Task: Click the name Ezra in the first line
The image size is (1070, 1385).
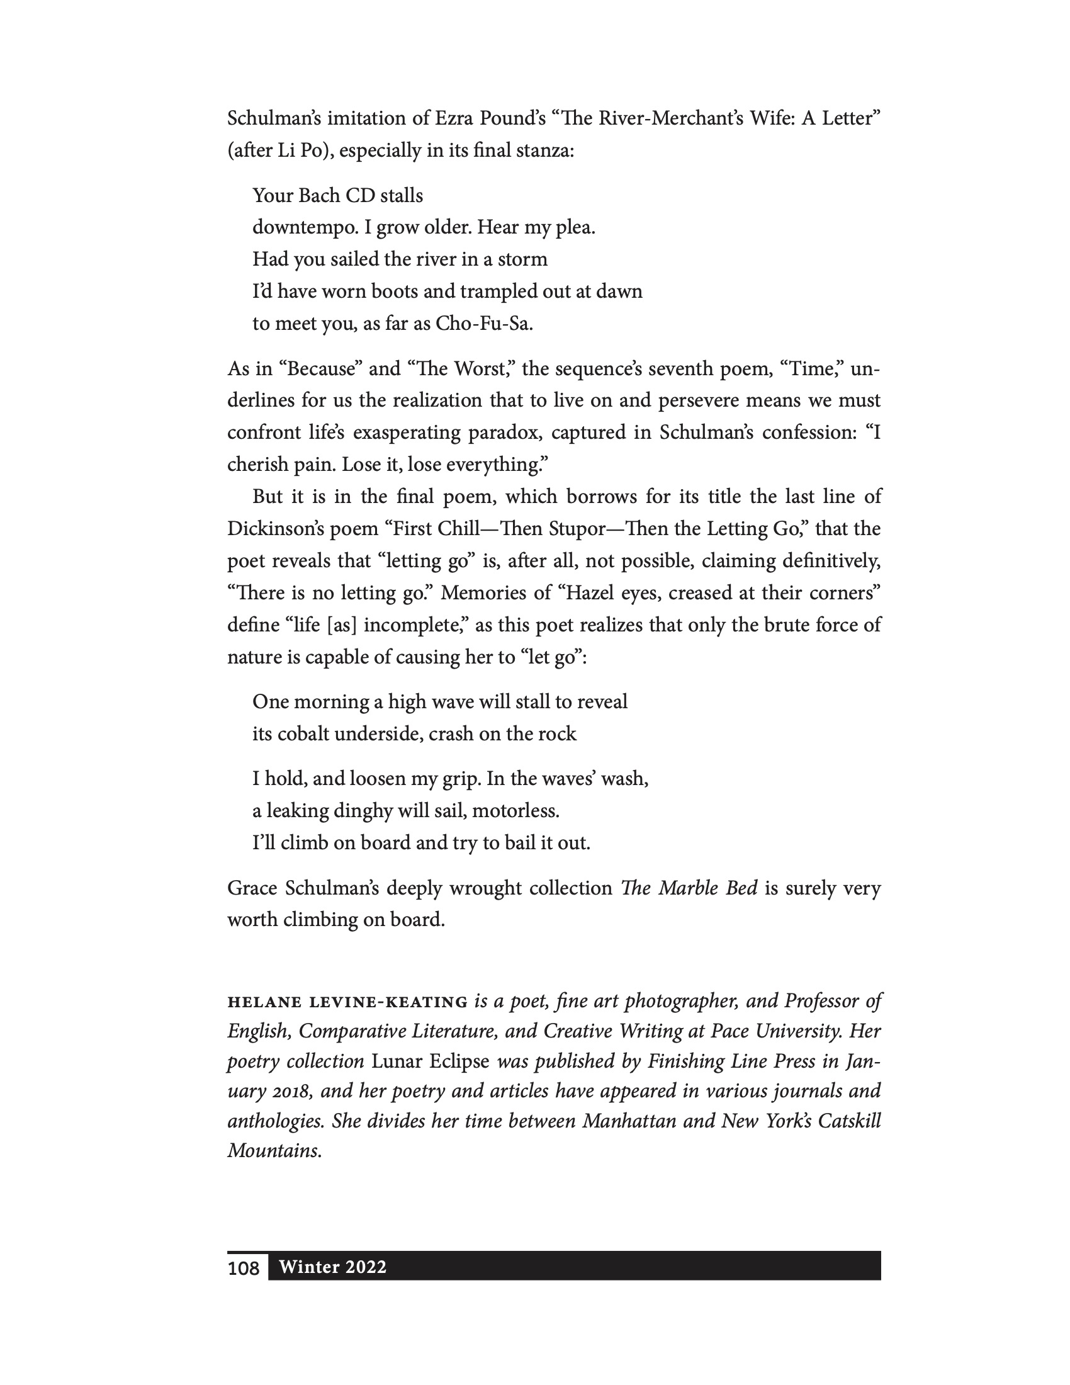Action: tap(453, 118)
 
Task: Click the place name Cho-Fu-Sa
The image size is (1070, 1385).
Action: tap(483, 324)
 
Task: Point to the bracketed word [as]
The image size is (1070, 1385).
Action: tap(342, 625)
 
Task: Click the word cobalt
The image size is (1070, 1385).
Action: tap(303, 733)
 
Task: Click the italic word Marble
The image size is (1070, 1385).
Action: tap(689, 888)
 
